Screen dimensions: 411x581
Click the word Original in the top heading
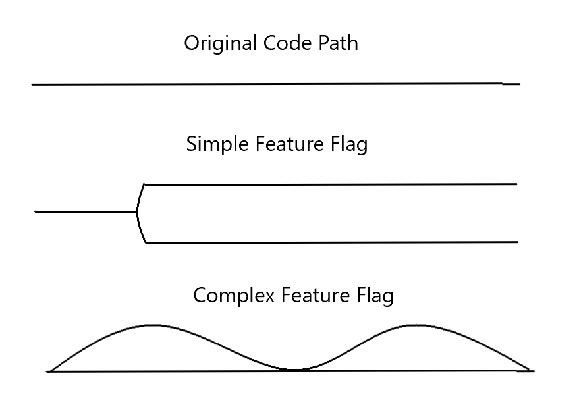click(220, 44)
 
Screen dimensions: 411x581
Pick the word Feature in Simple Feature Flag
click(285, 144)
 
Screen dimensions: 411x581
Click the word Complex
click(234, 296)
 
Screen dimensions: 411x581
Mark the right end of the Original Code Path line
click(519, 84)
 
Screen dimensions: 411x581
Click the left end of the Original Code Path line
click(32, 84)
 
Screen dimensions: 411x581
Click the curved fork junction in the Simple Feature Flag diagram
click(138, 212)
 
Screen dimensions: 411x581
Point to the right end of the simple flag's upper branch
click(516, 184)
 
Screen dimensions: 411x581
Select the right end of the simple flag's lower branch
click(517, 242)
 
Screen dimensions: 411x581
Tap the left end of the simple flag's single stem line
click(36, 212)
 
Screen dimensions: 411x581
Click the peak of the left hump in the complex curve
click(153, 325)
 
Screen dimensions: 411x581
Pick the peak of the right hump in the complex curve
click(415, 325)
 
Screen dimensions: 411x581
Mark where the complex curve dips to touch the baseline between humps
click(294, 370)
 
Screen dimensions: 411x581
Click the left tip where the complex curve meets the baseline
click(49, 371)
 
